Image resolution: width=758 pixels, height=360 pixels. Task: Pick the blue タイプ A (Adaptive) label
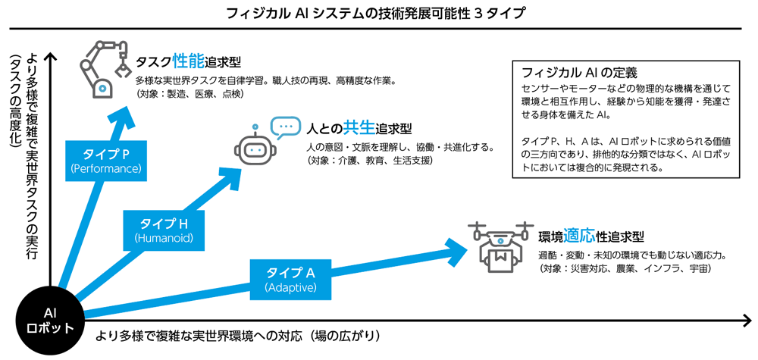(290, 280)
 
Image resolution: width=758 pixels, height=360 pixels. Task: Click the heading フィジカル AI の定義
(579, 74)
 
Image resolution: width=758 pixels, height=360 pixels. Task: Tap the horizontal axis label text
(237, 335)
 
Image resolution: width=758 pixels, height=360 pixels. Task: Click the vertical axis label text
(23, 159)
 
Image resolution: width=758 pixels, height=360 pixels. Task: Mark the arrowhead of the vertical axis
(49, 57)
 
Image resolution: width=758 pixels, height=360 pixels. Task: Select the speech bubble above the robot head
(285, 126)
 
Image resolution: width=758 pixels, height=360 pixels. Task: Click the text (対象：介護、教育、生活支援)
(369, 160)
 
